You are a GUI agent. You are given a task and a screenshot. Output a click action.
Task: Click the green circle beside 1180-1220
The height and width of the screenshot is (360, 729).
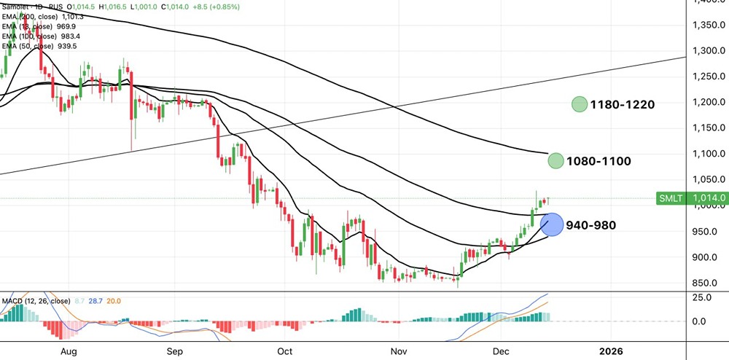click(580, 105)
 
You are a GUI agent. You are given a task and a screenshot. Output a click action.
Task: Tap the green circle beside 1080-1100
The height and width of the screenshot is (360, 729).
click(555, 161)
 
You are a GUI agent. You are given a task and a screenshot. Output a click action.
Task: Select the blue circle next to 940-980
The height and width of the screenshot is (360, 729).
click(553, 225)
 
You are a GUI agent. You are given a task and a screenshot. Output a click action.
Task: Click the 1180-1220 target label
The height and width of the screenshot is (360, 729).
click(623, 105)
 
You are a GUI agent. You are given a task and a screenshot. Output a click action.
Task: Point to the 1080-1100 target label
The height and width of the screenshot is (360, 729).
click(600, 161)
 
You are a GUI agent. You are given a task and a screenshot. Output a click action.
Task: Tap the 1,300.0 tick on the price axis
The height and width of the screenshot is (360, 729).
click(706, 51)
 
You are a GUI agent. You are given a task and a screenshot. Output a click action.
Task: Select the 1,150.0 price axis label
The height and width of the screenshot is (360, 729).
click(706, 128)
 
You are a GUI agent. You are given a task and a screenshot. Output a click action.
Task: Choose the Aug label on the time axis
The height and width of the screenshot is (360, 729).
click(69, 351)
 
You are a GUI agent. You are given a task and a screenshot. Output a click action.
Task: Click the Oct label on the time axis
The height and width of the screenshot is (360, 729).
click(285, 351)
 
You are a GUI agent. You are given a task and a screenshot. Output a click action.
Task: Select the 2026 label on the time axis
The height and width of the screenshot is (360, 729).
click(610, 351)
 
